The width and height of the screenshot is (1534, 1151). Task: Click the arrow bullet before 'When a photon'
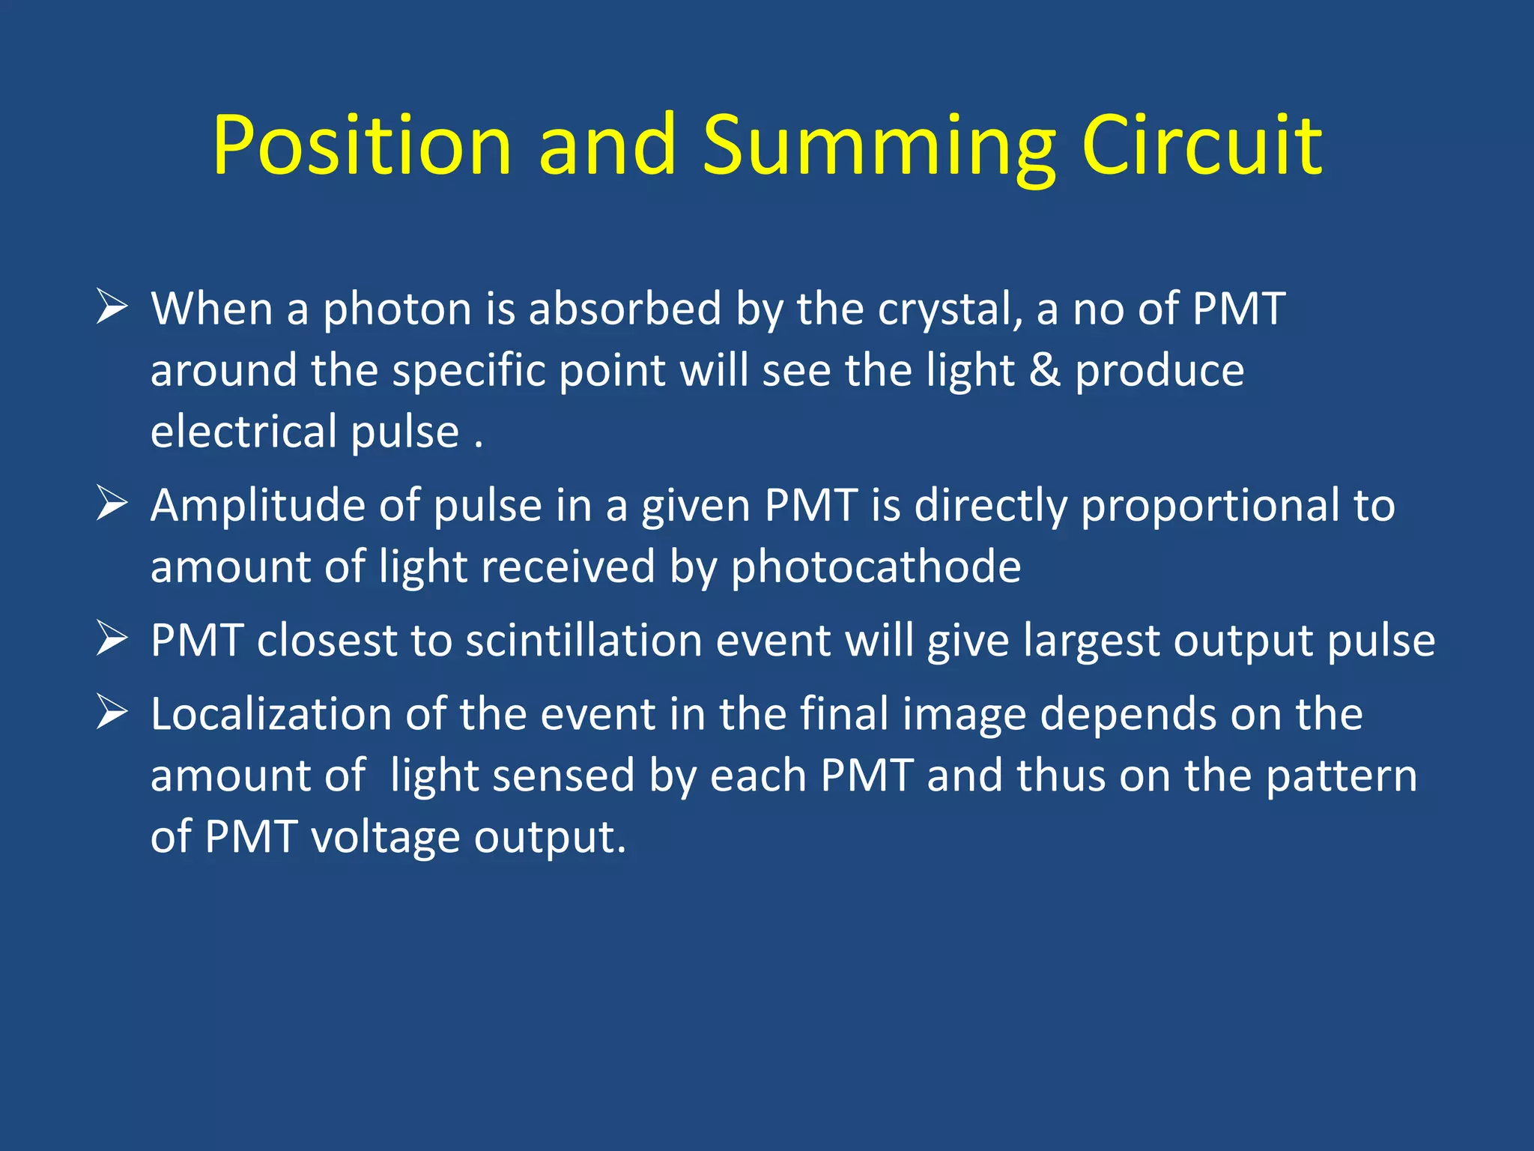[112, 307]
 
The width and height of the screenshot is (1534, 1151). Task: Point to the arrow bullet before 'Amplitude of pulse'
[112, 503]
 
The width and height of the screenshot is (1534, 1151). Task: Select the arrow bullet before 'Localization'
[112, 712]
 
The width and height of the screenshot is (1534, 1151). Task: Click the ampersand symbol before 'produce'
[1045, 370]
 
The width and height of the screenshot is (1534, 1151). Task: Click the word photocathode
[876, 567]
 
